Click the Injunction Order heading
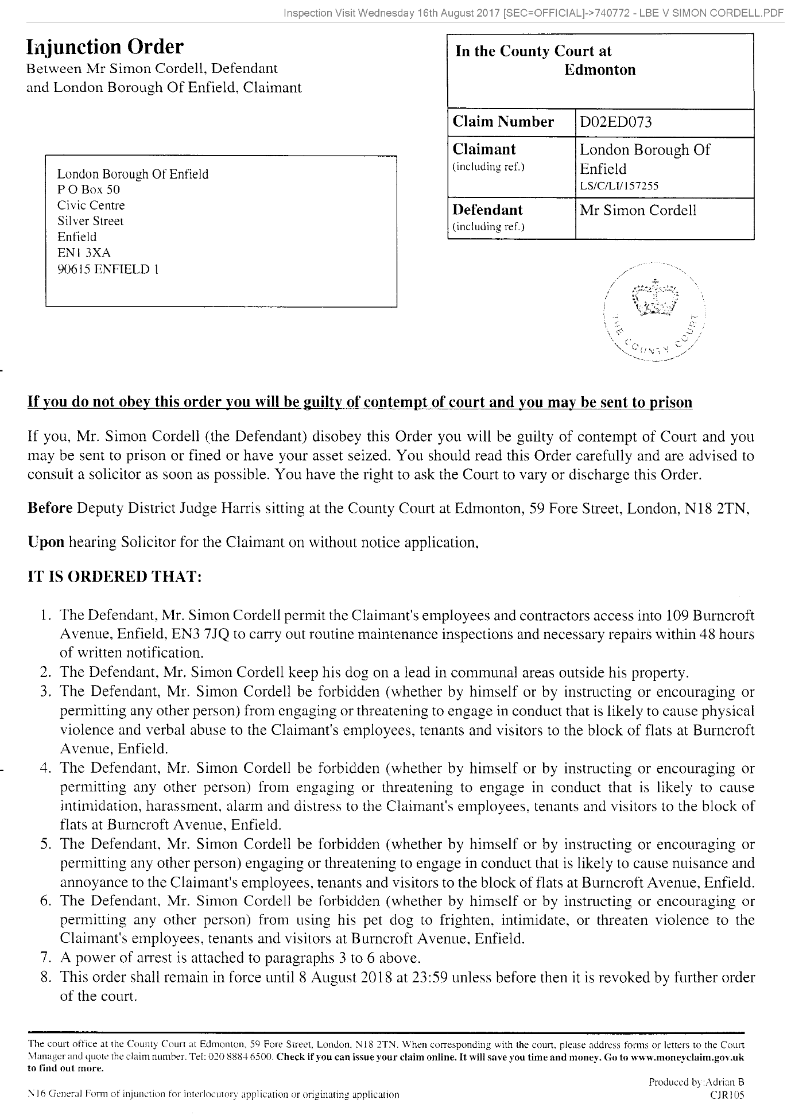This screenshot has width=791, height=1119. point(105,47)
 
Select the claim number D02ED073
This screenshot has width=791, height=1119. point(616,122)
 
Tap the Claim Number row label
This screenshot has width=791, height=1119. point(503,122)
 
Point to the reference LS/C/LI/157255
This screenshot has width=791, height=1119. point(619,185)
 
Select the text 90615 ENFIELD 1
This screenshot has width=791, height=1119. point(108,269)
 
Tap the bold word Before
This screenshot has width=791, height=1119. point(50,509)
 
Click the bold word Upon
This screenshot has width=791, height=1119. point(46,542)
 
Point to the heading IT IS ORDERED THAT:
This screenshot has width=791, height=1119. point(115,577)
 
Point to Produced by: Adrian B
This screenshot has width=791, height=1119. point(696,1082)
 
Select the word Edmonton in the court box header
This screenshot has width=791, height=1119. point(600,70)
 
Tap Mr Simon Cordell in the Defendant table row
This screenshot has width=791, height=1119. point(638,210)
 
